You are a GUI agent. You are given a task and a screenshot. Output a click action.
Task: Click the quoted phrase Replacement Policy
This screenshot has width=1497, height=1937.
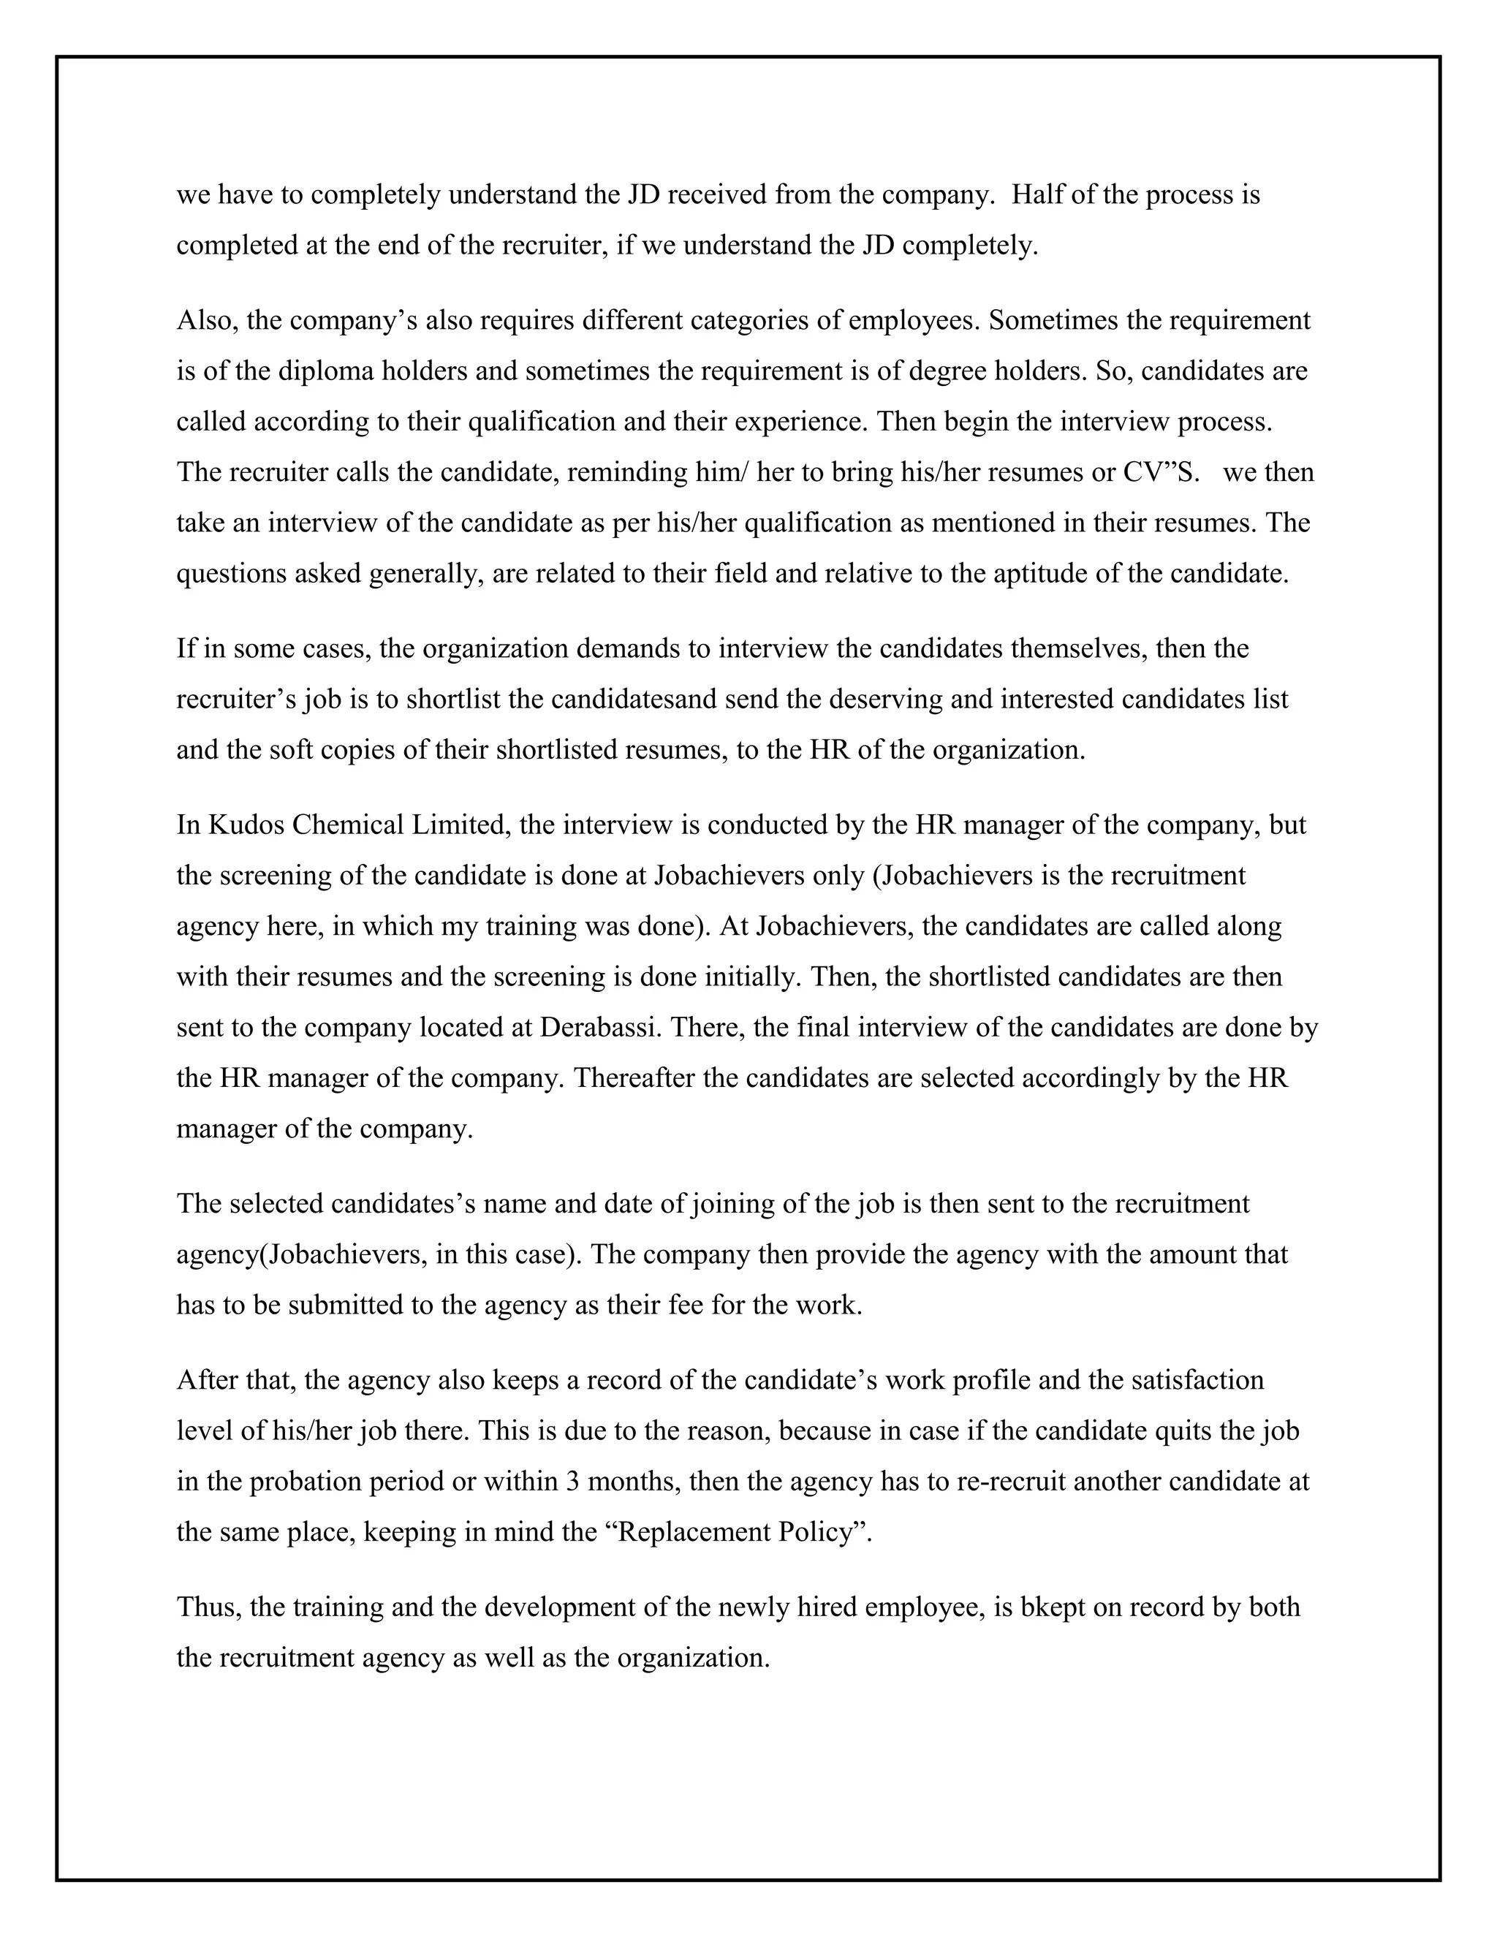pos(738,1531)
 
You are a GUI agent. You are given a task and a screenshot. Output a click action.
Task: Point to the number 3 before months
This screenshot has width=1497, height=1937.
pos(572,1481)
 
